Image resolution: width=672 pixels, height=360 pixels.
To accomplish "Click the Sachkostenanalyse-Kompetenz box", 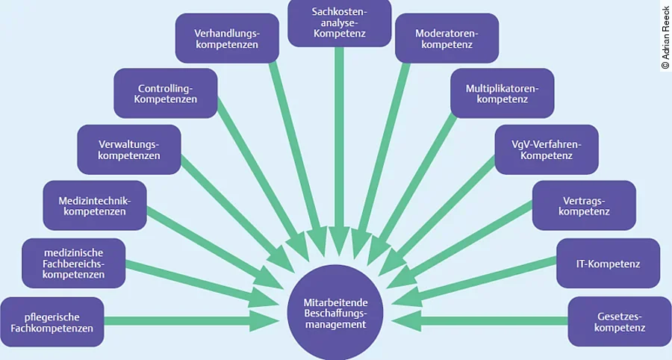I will [x=339, y=23].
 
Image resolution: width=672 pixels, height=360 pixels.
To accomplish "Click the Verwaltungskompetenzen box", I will [x=129, y=149].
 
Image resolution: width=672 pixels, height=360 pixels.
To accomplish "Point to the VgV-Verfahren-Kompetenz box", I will [x=547, y=149].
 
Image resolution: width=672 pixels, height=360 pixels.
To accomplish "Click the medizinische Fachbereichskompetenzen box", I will [x=73, y=263].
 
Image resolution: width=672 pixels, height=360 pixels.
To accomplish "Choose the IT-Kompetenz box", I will [x=608, y=263].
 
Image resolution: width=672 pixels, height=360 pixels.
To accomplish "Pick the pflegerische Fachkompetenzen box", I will [x=52, y=322].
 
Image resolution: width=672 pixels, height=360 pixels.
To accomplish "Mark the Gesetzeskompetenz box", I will [x=619, y=322].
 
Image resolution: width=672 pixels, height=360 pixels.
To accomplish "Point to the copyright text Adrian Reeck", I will [x=665, y=37].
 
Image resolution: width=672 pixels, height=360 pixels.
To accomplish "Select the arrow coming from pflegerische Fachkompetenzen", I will [x=187, y=321].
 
